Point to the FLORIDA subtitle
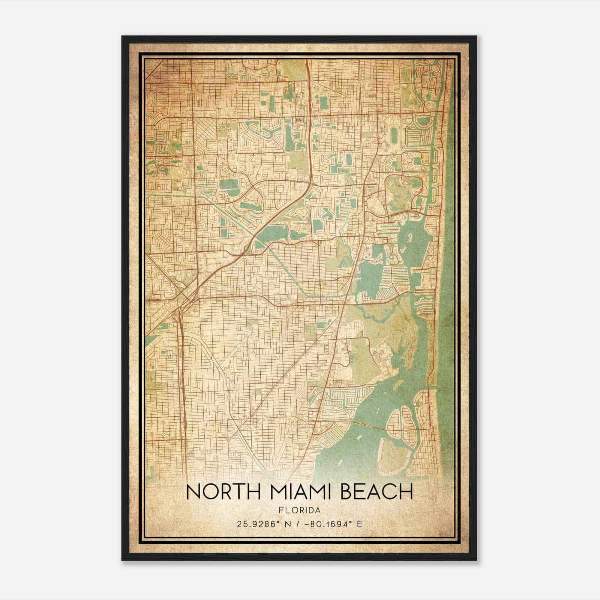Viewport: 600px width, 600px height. tap(299, 510)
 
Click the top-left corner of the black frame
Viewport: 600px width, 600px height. tap(122, 36)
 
